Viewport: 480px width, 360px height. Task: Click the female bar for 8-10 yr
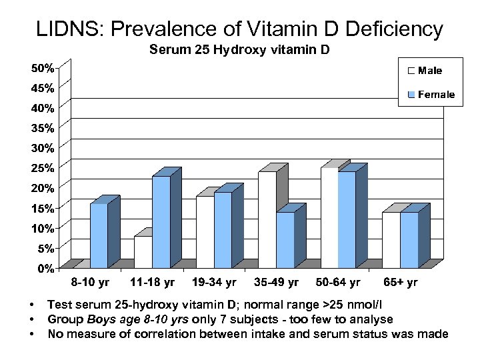tap(99, 235)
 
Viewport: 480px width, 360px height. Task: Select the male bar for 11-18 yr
tap(143, 252)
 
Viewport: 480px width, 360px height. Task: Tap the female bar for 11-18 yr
tap(161, 222)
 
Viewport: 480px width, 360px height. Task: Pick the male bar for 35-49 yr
tap(267, 219)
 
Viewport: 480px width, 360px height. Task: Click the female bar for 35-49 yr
tap(285, 240)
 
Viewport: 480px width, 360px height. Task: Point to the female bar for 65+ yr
tap(409, 240)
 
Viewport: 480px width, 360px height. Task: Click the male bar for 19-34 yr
tap(205, 231)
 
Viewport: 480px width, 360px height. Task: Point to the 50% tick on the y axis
tap(41, 68)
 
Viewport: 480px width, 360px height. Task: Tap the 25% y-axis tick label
tap(41, 168)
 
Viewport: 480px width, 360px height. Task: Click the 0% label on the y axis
tap(45, 269)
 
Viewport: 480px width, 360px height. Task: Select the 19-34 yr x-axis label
tap(214, 283)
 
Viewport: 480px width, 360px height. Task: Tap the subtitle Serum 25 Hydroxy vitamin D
tap(239, 49)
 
